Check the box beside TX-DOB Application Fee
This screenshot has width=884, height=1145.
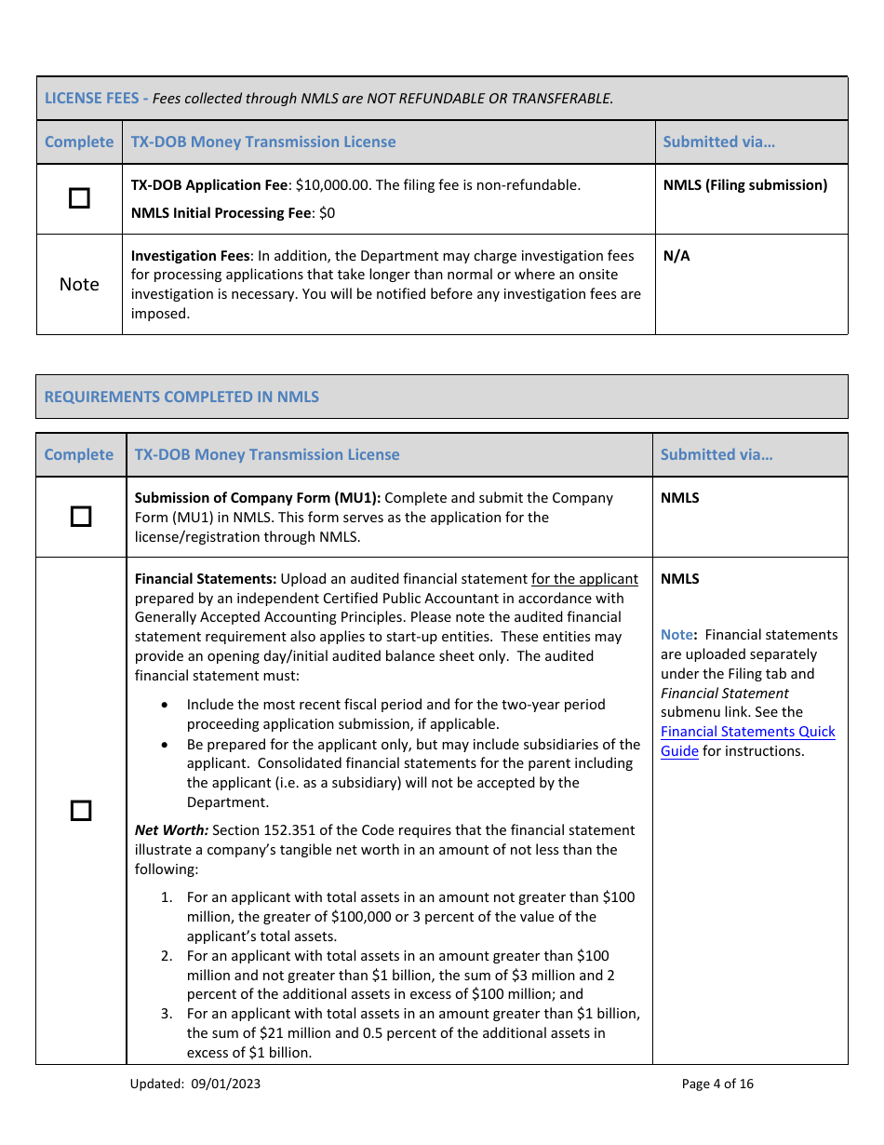click(x=80, y=198)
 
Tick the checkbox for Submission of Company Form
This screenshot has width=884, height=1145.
click(x=81, y=517)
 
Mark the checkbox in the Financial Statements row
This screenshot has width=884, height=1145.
click(x=81, y=810)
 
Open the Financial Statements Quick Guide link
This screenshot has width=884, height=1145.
click(x=747, y=741)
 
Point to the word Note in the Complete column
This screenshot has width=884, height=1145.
click(x=79, y=284)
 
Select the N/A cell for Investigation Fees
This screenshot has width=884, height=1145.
click(x=676, y=256)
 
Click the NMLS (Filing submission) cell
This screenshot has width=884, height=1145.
click(x=744, y=185)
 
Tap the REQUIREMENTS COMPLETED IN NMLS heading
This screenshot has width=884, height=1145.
click(x=181, y=397)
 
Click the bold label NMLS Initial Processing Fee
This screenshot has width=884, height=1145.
click(x=221, y=213)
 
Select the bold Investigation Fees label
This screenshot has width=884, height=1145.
click(x=190, y=256)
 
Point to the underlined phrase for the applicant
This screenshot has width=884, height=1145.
click(x=584, y=579)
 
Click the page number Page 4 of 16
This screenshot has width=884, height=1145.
click(x=717, y=1084)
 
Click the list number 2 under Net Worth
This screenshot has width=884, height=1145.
click(x=167, y=956)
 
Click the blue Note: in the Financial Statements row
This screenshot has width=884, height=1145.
click(x=678, y=635)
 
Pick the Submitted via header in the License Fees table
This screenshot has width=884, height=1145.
click(x=718, y=142)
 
